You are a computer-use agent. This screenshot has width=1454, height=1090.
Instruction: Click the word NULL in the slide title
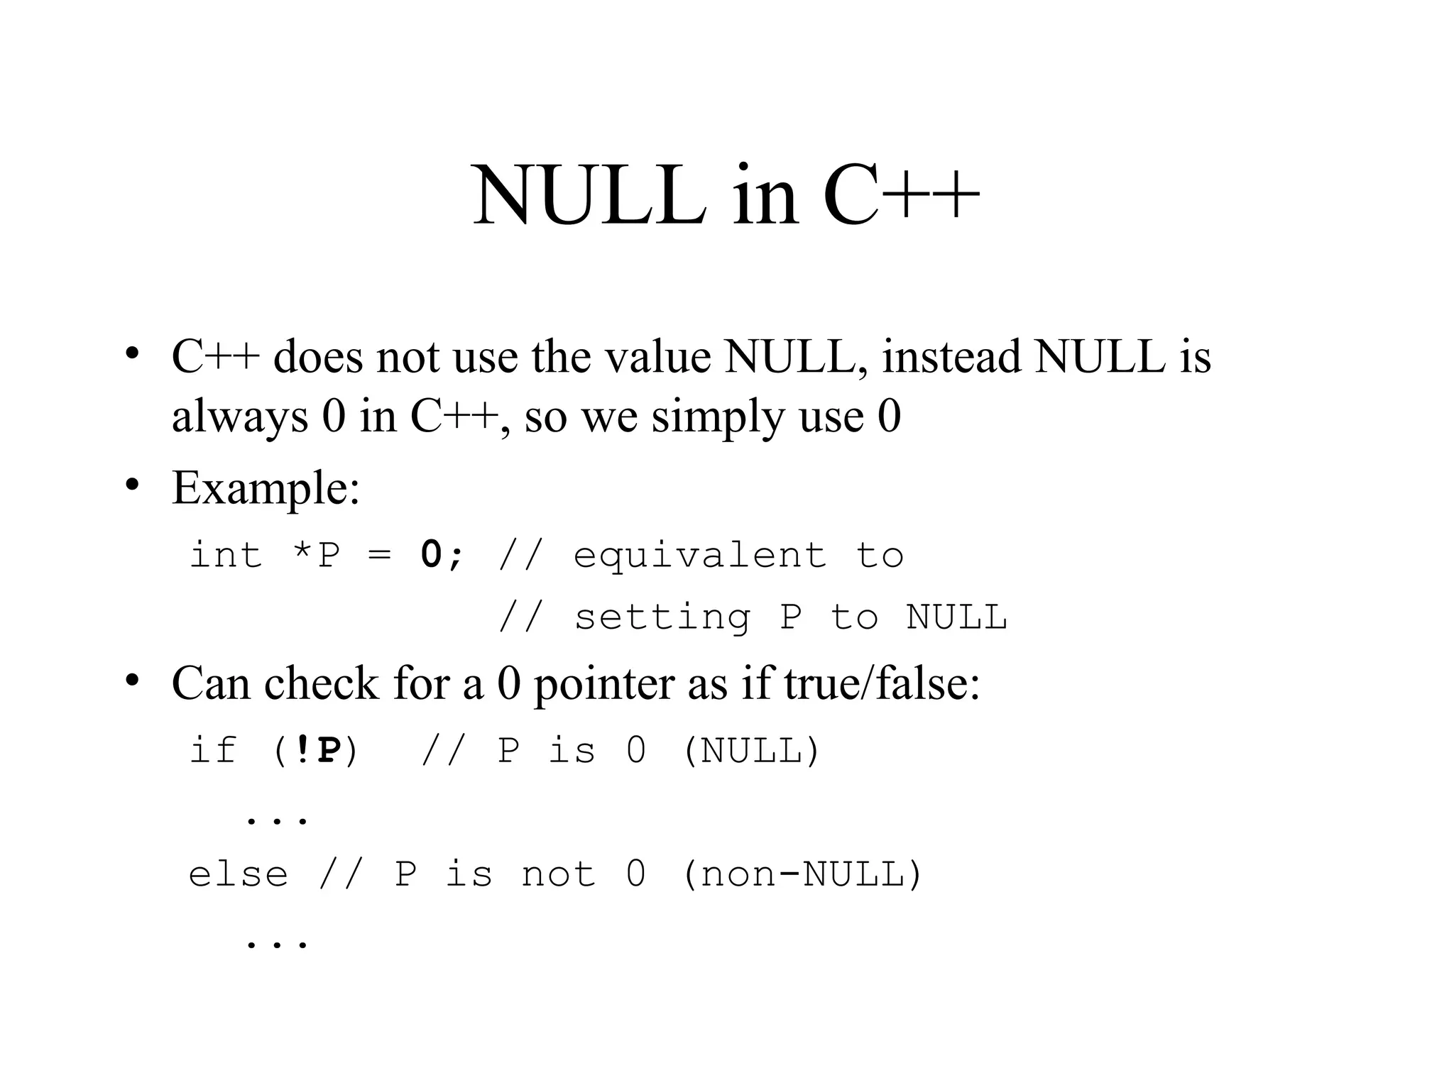(589, 194)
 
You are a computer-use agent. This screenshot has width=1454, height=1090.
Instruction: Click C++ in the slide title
(900, 194)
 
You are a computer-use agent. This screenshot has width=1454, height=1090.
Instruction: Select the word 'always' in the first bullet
(240, 417)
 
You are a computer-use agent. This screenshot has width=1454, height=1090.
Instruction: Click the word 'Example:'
(266, 488)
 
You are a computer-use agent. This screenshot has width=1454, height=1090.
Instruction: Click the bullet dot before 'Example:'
(131, 484)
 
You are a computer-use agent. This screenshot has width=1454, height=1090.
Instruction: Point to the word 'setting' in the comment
(662, 617)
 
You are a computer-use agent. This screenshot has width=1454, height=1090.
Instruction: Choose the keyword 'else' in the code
(239, 874)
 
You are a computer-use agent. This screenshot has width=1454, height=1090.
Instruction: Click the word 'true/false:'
(882, 683)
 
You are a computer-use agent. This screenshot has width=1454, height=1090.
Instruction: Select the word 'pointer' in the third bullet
(604, 685)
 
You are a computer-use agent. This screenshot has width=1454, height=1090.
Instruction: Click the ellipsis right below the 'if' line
(277, 820)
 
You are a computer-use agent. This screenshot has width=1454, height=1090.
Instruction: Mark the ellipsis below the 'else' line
(277, 944)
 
